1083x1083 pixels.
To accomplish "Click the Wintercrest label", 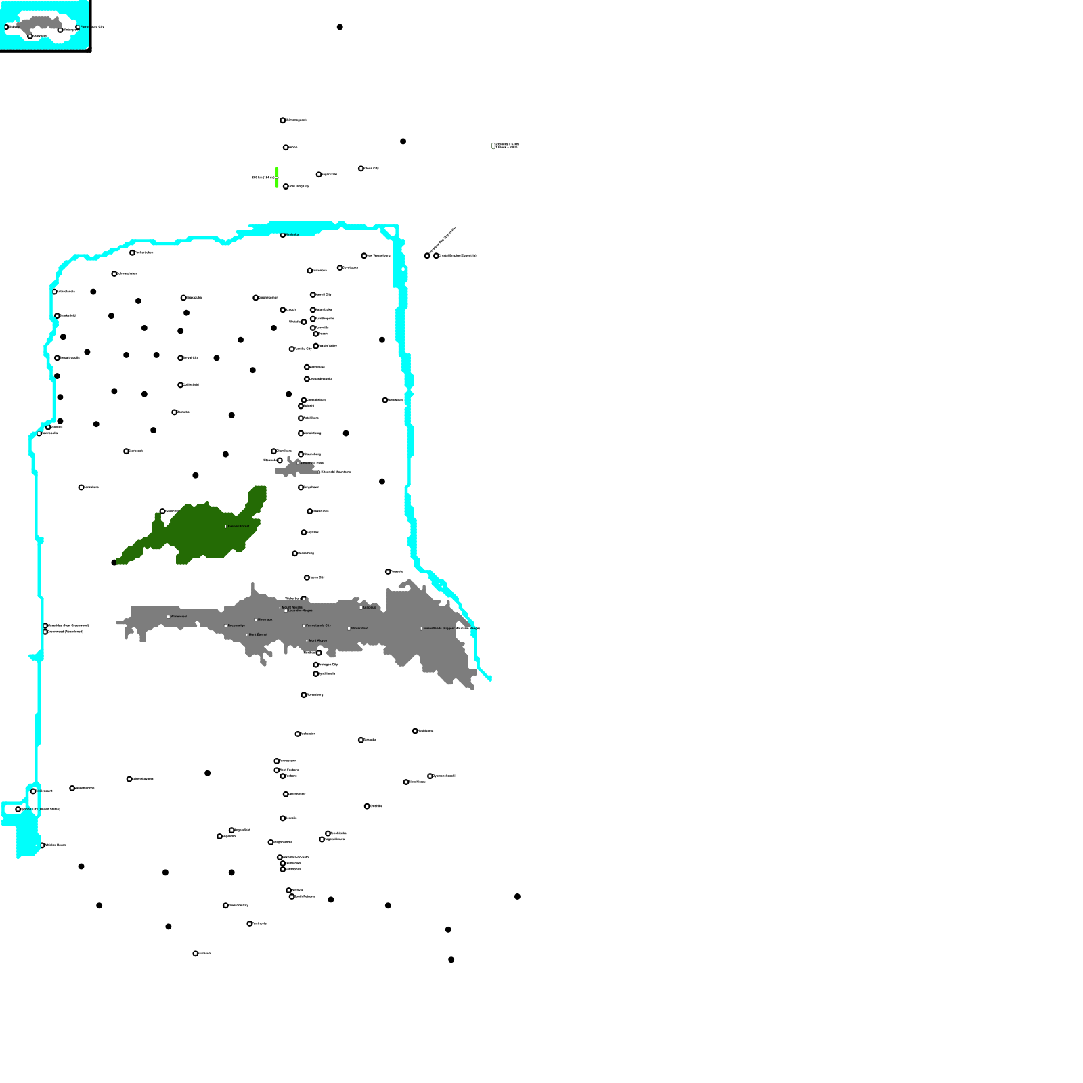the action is pyautogui.click(x=179, y=617).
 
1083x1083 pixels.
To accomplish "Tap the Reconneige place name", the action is pyautogui.click(x=236, y=625).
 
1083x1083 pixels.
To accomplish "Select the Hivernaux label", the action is pyautogui.click(x=265, y=619).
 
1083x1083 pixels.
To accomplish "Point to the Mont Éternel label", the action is pyautogui.click(x=258, y=634).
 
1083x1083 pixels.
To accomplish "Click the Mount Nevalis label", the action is pyautogui.click(x=292, y=607).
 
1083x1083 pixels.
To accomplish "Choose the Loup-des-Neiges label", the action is pyautogui.click(x=301, y=611).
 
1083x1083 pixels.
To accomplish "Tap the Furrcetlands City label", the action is pyautogui.click(x=318, y=625).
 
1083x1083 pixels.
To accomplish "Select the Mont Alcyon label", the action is pyautogui.click(x=317, y=640).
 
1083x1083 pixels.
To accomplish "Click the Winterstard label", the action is pyautogui.click(x=359, y=628).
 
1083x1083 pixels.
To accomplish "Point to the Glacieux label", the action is pyautogui.click(x=369, y=607).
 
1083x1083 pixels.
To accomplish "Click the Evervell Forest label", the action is pyautogui.click(x=238, y=526).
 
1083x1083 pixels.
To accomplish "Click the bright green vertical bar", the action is pyautogui.click(x=277, y=177).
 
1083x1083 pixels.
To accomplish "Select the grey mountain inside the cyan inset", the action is pyautogui.click(x=41, y=26).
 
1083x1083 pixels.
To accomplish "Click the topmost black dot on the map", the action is pyautogui.click(x=340, y=27).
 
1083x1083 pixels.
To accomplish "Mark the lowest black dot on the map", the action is pyautogui.click(x=451, y=960).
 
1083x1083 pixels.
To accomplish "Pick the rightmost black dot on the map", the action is pyautogui.click(x=518, y=897).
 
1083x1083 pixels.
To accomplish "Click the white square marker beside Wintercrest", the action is pyautogui.click(x=169, y=617).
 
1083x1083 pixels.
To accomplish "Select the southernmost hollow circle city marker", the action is pyautogui.click(x=196, y=954).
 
